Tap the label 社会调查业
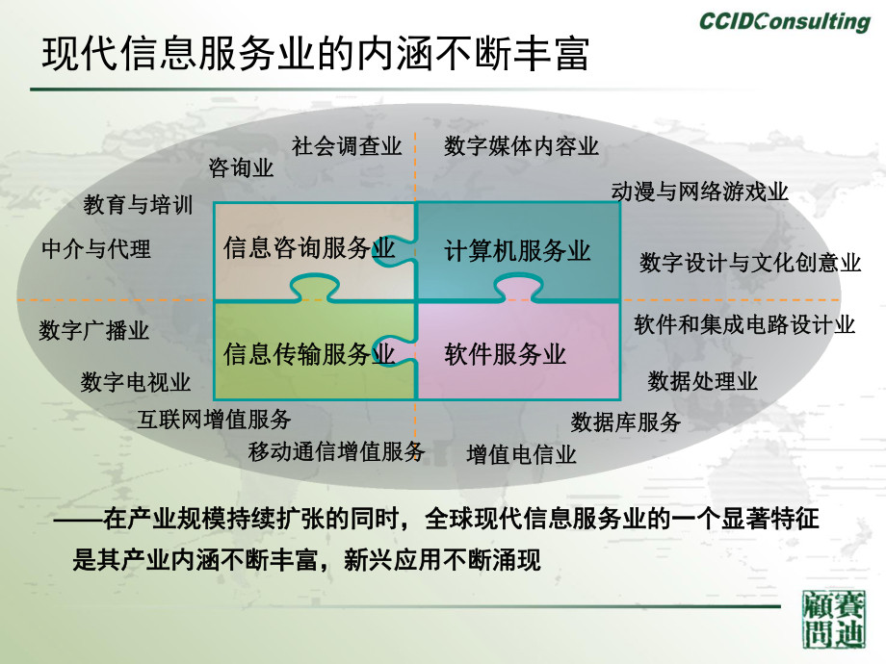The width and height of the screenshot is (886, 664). pyautogui.click(x=347, y=146)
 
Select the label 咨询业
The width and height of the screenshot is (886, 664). pyautogui.click(x=242, y=169)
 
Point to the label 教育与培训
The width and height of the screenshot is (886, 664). pyautogui.click(x=138, y=205)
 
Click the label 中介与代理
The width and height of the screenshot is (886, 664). pyautogui.click(x=96, y=249)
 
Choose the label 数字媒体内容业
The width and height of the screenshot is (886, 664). pyautogui.click(x=522, y=146)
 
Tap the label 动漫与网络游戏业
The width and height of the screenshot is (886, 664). pyautogui.click(x=700, y=192)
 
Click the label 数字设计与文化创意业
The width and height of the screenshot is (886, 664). pyautogui.click(x=750, y=263)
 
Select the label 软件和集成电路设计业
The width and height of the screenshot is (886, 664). pyautogui.click(x=744, y=324)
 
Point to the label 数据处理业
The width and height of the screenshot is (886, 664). pyautogui.click(x=703, y=381)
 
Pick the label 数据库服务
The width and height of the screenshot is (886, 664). pyautogui.click(x=626, y=421)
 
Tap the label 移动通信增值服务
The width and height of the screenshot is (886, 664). pyautogui.click(x=336, y=450)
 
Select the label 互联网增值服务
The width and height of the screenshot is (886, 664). pyautogui.click(x=214, y=419)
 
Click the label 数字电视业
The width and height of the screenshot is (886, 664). pyautogui.click(x=136, y=382)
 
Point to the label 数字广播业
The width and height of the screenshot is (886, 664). pyautogui.click(x=94, y=331)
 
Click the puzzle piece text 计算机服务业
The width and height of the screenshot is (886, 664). pyautogui.click(x=517, y=252)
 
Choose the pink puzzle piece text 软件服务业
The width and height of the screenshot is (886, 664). pyautogui.click(x=506, y=354)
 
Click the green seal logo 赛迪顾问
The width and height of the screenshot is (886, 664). pyautogui.click(x=834, y=621)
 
